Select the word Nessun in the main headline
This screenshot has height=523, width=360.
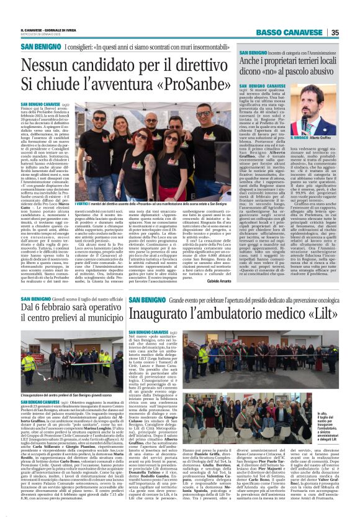tap(52, 63)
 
